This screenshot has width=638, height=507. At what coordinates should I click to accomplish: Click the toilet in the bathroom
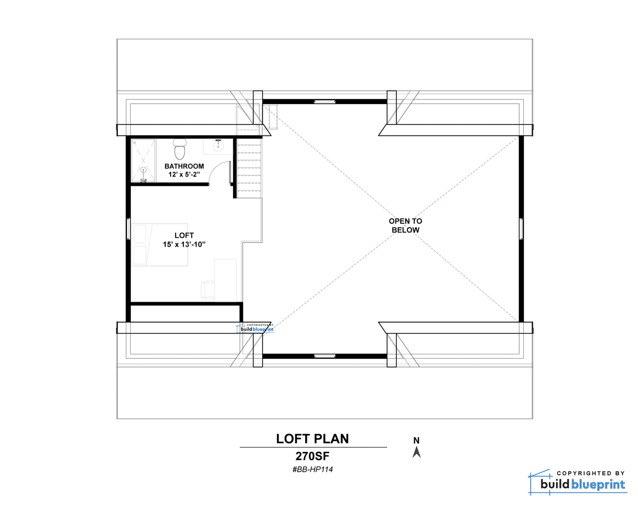tap(180, 149)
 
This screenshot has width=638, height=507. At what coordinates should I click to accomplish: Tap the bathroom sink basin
tap(219, 146)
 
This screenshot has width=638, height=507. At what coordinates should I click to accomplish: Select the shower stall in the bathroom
tap(143, 161)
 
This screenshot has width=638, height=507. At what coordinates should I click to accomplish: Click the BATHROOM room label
tap(184, 166)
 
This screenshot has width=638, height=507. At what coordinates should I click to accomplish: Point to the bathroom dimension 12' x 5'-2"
tap(184, 175)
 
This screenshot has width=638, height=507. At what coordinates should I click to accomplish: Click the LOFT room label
tap(184, 235)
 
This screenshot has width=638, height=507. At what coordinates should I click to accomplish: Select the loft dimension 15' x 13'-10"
tap(184, 244)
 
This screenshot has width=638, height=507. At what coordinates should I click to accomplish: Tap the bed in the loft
tap(159, 245)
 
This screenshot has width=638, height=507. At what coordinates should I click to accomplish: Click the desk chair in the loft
tap(208, 289)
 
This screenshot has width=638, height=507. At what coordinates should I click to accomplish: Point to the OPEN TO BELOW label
tap(405, 225)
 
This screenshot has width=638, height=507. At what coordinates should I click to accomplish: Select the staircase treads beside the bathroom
tap(249, 168)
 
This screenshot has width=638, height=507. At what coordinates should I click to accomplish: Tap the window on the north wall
tap(325, 101)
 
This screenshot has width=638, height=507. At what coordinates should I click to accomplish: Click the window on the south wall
tap(325, 356)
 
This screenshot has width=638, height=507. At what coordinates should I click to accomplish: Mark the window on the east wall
tap(521, 229)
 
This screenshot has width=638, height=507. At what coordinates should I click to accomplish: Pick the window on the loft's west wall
tap(128, 229)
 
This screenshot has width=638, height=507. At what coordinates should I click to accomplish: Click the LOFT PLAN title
tap(313, 439)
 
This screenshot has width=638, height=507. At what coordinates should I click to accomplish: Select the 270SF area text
tap(313, 456)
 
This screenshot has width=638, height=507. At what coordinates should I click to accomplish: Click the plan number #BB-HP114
tap(313, 469)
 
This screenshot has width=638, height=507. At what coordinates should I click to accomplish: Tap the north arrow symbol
tap(416, 452)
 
